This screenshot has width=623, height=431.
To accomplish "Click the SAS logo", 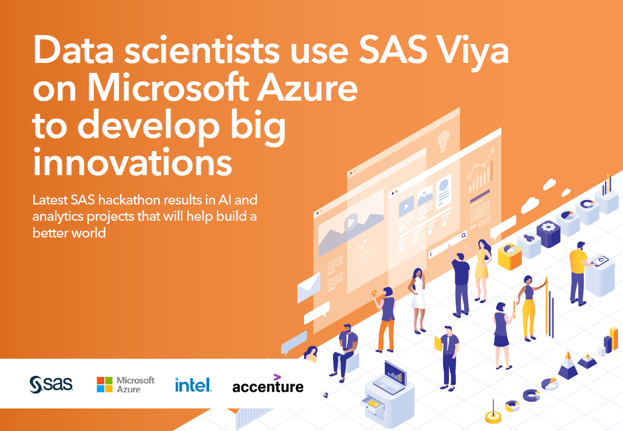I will [x=51, y=384].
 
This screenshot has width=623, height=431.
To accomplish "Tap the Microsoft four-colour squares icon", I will [x=104, y=384].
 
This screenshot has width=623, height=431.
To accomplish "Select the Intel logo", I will [x=193, y=385].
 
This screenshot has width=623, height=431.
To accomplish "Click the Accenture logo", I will [x=267, y=385].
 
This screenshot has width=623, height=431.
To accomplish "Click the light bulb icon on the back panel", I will [x=443, y=139].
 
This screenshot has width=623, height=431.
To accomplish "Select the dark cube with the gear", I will [x=549, y=233].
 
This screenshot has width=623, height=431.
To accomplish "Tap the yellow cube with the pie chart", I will [x=509, y=254].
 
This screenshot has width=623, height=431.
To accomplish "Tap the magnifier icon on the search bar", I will [x=463, y=236].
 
